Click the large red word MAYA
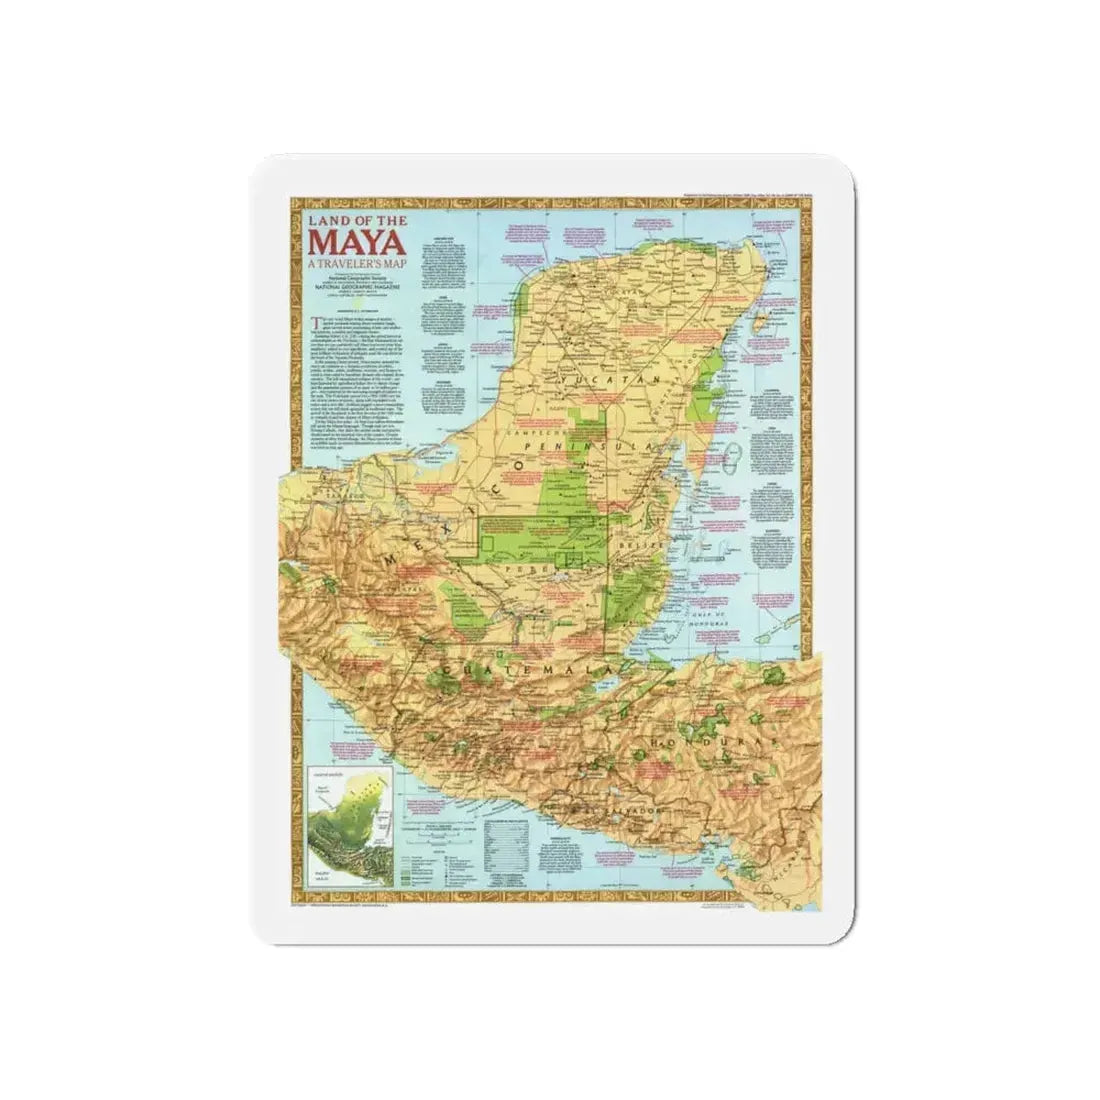(355, 243)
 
